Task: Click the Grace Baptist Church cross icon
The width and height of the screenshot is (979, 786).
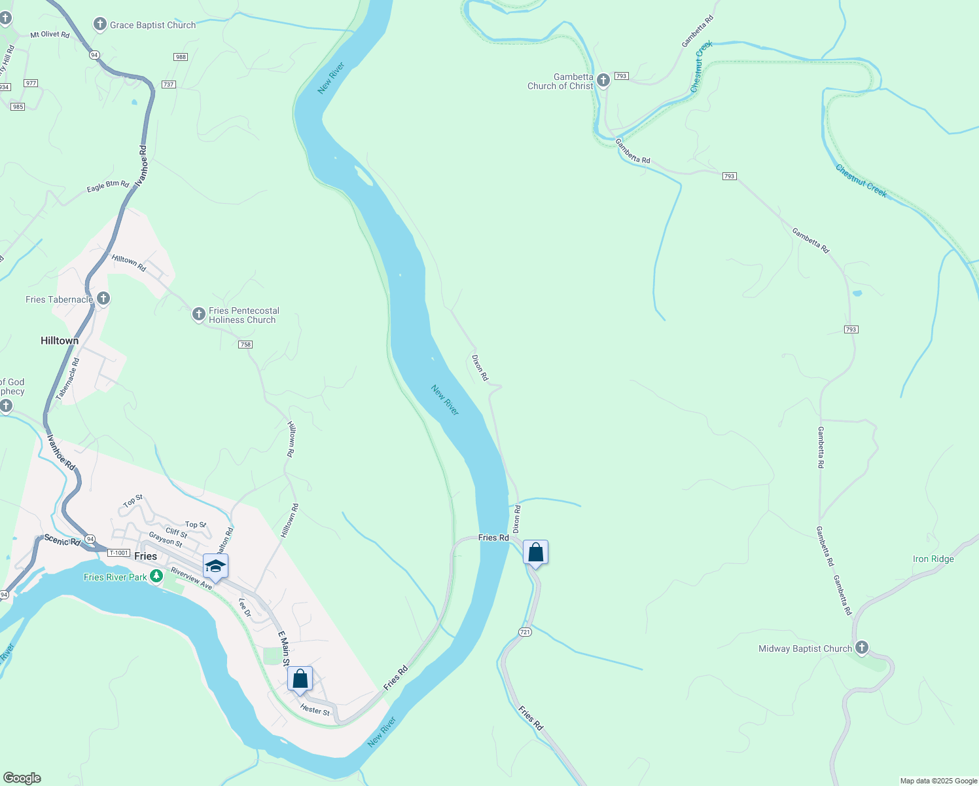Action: click(99, 25)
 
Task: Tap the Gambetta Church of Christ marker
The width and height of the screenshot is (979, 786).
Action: click(603, 81)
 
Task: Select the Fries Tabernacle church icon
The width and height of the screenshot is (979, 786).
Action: click(103, 299)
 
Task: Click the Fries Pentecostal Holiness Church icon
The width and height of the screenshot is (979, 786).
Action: click(198, 314)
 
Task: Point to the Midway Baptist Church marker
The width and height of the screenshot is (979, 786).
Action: click(862, 648)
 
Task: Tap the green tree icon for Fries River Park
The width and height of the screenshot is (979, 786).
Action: click(156, 576)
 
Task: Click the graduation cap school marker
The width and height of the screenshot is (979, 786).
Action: click(215, 567)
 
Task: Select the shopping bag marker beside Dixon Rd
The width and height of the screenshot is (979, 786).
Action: click(535, 553)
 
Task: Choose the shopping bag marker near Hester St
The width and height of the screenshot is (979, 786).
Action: click(300, 679)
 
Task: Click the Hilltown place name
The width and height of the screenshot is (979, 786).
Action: click(60, 341)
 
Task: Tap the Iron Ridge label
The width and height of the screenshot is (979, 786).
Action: click(933, 559)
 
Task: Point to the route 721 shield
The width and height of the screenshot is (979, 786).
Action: click(525, 632)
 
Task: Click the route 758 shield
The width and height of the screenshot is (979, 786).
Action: click(245, 345)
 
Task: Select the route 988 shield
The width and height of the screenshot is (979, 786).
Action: click(181, 57)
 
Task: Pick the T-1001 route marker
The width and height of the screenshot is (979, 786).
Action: click(118, 553)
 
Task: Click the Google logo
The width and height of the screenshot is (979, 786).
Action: click(22, 778)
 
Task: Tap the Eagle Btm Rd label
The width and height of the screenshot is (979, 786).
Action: click(108, 187)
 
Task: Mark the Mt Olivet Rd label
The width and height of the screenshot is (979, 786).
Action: click(50, 35)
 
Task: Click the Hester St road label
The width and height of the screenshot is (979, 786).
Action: click(315, 710)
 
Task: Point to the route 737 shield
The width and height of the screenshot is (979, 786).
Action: click(168, 84)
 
